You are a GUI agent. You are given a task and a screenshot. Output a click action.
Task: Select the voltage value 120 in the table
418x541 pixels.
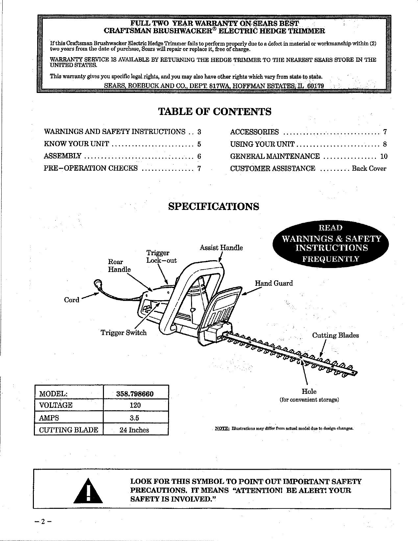pos(135,405)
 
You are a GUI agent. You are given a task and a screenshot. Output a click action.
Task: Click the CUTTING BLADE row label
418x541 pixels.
pos(68,430)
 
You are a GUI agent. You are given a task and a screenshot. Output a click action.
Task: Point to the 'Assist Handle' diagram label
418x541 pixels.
pos(221,248)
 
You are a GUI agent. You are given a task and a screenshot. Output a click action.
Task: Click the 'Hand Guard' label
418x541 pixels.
pos(274,283)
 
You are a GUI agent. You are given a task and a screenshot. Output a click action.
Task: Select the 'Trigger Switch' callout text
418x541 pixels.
pos(123,333)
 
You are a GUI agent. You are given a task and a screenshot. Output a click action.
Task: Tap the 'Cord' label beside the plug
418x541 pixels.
pos(72,300)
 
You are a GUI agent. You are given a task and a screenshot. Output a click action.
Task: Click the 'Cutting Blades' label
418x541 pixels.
pos(335,335)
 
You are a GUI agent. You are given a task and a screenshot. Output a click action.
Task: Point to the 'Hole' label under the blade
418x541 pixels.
pos(309,392)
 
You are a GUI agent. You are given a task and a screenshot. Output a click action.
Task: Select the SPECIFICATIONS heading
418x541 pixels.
pos(213,207)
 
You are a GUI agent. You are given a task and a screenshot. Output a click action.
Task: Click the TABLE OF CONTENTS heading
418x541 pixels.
pos(215,112)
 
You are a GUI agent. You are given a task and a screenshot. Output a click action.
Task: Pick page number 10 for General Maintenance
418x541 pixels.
pos(384,156)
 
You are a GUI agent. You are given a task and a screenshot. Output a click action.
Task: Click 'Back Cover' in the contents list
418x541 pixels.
pos(369,169)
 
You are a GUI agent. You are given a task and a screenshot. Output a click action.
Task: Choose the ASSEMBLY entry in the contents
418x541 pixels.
pos(62,156)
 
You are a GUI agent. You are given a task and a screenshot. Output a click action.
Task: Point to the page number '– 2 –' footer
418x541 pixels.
pos(43,522)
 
